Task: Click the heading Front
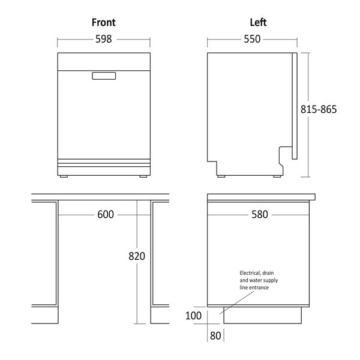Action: click(x=104, y=23)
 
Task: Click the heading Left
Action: click(x=258, y=23)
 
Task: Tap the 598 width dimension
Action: click(x=104, y=39)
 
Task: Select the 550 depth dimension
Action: click(x=252, y=39)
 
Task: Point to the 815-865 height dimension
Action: click(x=319, y=109)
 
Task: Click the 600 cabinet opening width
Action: click(x=106, y=214)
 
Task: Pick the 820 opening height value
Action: click(x=137, y=256)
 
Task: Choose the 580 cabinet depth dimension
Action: click(x=260, y=214)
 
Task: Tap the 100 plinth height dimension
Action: click(x=193, y=316)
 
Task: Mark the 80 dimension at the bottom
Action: click(x=215, y=335)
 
